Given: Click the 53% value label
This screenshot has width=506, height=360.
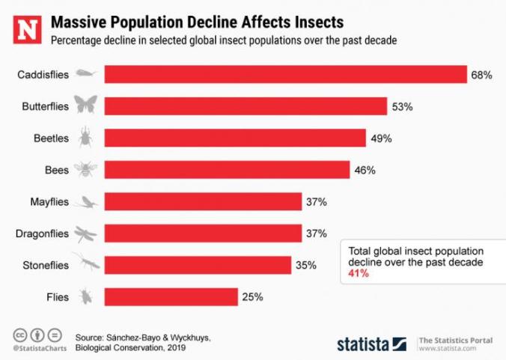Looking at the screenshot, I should [402, 106].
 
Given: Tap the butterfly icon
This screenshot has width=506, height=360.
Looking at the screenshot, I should [85, 106].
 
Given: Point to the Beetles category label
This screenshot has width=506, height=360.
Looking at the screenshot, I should [51, 138].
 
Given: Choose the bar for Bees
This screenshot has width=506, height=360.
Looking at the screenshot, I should [227, 170].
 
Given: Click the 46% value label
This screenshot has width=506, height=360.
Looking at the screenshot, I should [365, 170].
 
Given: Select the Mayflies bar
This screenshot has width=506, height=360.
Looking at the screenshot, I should [203, 202].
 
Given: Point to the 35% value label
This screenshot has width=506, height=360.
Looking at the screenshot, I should [305, 265].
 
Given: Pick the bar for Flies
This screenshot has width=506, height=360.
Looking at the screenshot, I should [171, 297].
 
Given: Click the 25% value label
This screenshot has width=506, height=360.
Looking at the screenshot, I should [252, 297].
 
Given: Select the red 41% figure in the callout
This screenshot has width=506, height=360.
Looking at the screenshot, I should [359, 275].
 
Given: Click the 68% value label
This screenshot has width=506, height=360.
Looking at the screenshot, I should [481, 74].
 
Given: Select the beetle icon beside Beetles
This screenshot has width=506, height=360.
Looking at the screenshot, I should [85, 138].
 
